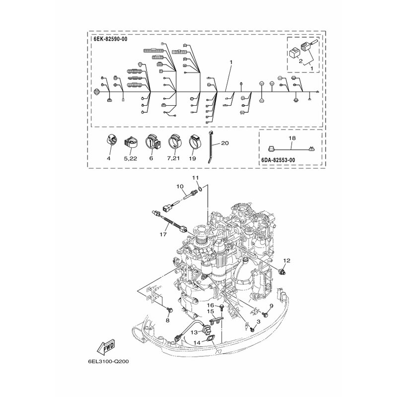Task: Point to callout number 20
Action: pyautogui.click(x=224, y=143)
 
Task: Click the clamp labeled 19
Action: pyautogui.click(x=193, y=142)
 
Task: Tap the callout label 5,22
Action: pyautogui.click(x=131, y=158)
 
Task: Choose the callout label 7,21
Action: pyautogui.click(x=173, y=158)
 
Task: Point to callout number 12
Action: pyautogui.click(x=286, y=260)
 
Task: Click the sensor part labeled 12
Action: pyautogui.click(x=283, y=271)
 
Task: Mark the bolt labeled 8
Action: pyautogui.click(x=167, y=310)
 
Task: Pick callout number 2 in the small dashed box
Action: pyautogui.click(x=300, y=61)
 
